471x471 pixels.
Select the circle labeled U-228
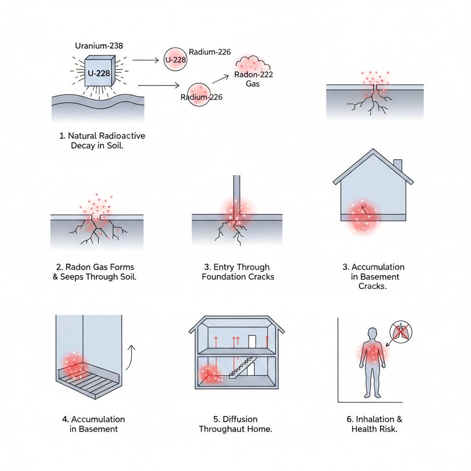(175, 60)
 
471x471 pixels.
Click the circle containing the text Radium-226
(199, 95)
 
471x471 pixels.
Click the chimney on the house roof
(398, 166)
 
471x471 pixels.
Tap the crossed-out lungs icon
(401, 332)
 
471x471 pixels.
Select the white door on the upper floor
(252, 342)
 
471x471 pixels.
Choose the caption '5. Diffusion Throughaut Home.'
(235, 424)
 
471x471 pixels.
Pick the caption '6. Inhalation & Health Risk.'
(374, 424)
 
